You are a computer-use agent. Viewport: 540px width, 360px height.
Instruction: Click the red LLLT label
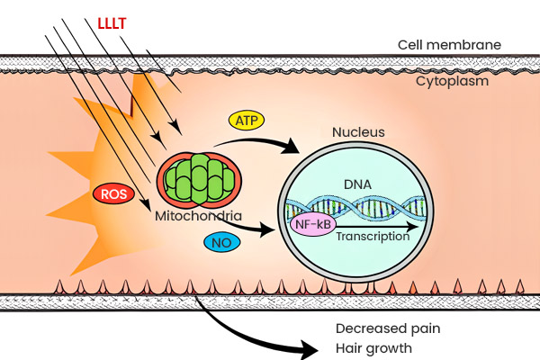113,16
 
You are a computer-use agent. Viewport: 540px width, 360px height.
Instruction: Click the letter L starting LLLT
100,16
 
